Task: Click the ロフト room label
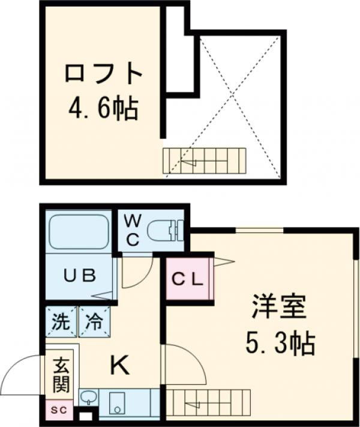[103, 74]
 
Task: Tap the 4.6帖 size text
[103, 109]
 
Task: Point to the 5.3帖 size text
[279, 343]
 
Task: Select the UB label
[80, 276]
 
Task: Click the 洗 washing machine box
[60, 321]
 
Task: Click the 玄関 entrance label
[61, 373]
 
